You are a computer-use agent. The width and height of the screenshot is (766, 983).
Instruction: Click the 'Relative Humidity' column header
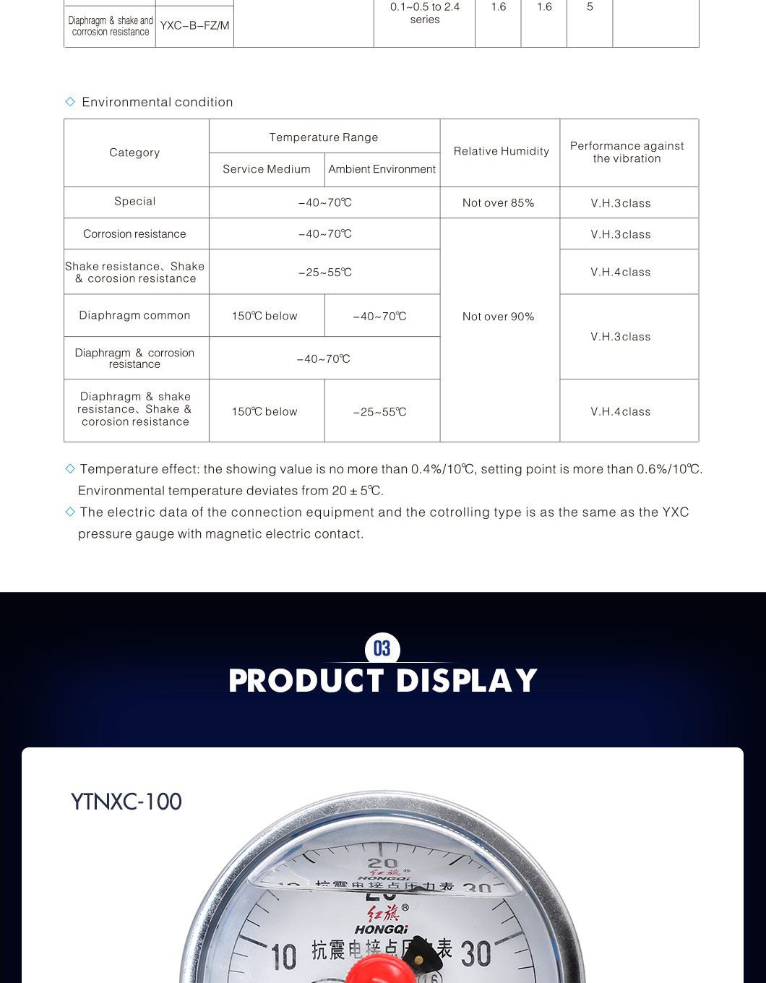point(501,151)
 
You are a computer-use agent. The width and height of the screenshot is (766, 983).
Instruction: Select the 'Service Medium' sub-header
point(266,169)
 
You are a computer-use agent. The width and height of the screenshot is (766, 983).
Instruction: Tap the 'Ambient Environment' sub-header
point(382,169)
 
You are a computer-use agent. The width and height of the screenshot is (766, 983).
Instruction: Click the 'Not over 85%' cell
point(498,203)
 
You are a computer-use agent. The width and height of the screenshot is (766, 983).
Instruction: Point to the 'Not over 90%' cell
point(498,317)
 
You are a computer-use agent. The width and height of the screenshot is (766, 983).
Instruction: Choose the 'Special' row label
point(135,202)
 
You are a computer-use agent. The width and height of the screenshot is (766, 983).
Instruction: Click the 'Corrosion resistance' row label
point(134,234)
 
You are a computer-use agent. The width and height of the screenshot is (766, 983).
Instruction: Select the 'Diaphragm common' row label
point(134,315)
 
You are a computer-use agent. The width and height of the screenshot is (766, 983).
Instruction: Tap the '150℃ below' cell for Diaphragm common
point(264,316)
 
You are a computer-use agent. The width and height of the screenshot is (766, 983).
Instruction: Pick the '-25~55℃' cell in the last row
point(380,412)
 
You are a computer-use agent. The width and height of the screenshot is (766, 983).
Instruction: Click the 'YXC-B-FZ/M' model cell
point(194,26)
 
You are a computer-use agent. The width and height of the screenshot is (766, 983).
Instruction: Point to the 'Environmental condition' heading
point(157,102)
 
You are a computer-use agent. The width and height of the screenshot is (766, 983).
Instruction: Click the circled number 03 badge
point(382,648)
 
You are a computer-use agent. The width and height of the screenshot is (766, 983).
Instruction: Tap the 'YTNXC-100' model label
point(126,802)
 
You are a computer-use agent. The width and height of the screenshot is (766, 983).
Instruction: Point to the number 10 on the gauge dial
point(284,957)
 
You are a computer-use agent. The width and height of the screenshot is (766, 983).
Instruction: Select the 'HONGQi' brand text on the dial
point(382,930)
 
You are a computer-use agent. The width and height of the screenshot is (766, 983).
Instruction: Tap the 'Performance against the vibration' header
point(627,152)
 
